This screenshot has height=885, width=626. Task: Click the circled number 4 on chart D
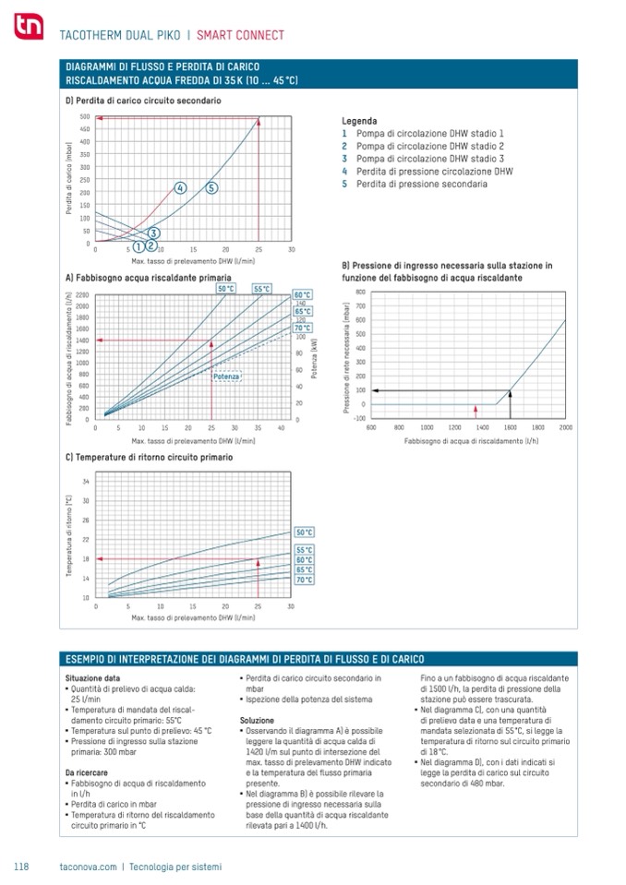click(x=180, y=187)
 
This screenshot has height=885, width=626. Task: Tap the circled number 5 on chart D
click(x=211, y=187)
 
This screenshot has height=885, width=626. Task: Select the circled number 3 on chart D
click(x=153, y=233)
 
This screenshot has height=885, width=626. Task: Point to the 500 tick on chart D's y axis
click(x=84, y=117)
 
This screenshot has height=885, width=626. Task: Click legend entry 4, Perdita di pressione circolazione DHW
click(x=427, y=172)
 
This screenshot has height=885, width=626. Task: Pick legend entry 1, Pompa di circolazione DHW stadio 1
click(x=423, y=133)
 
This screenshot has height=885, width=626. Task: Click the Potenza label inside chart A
click(x=226, y=377)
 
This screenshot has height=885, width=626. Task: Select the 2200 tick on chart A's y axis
click(x=82, y=294)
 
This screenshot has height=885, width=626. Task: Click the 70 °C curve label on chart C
click(x=304, y=580)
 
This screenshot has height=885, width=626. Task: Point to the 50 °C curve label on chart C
click(x=304, y=532)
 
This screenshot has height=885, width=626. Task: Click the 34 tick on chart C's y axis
click(x=86, y=482)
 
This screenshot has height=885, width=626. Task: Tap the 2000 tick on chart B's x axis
click(x=565, y=427)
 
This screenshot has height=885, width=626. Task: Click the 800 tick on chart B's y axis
click(x=360, y=292)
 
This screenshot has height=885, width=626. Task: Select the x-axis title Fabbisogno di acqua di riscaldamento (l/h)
click(x=471, y=441)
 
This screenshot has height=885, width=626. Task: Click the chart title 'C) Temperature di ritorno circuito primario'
click(x=148, y=457)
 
